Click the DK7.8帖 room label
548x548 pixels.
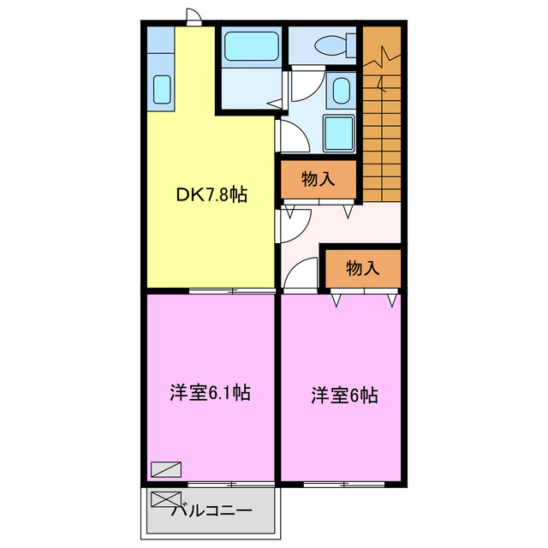pyautogui.click(x=211, y=195)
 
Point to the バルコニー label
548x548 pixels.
pyautogui.click(x=211, y=511)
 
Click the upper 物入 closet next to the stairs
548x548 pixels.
pyautogui.click(x=318, y=179)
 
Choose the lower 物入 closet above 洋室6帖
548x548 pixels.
pyautogui.click(x=362, y=268)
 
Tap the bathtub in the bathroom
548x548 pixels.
pyautogui.click(x=250, y=46)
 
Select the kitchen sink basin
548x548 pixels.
pyautogui.click(x=161, y=88)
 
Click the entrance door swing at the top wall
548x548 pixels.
pyautogui.click(x=194, y=16)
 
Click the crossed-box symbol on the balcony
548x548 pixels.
pyautogui.click(x=161, y=500)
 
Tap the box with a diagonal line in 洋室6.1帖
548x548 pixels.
pyautogui.click(x=164, y=469)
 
